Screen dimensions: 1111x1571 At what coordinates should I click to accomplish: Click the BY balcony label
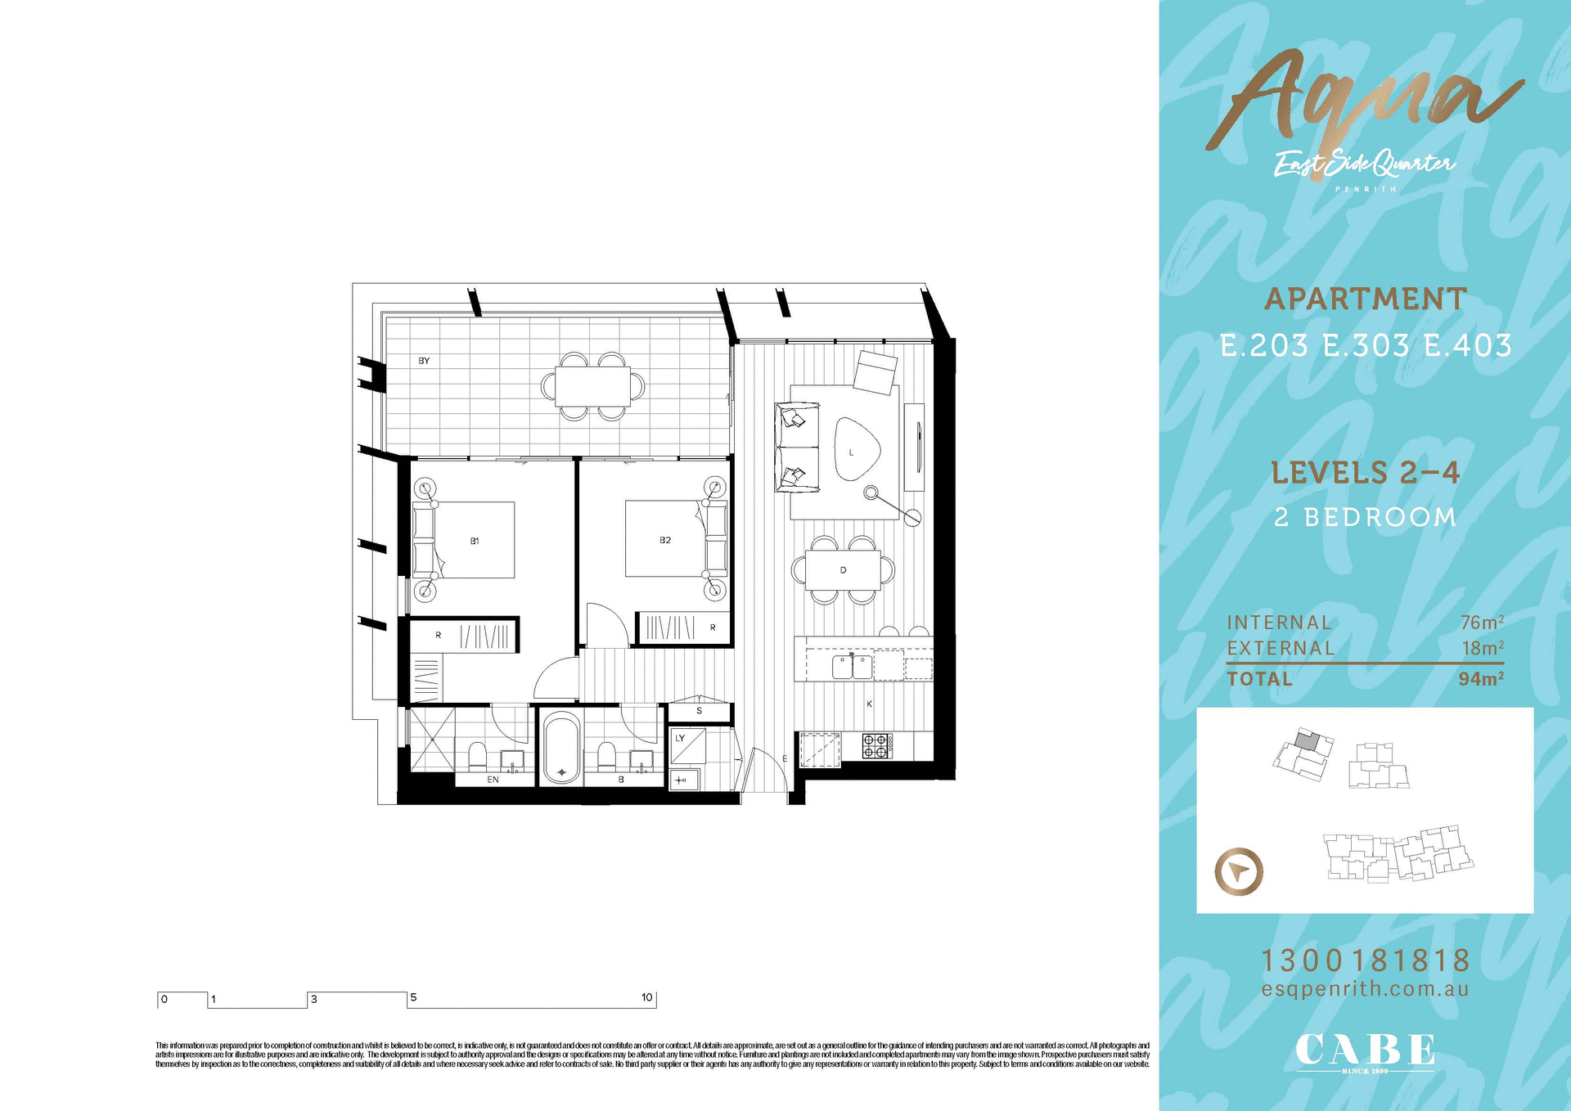(424, 361)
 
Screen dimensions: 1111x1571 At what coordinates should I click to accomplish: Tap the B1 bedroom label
(475, 541)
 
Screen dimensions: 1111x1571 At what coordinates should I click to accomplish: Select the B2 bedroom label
(665, 540)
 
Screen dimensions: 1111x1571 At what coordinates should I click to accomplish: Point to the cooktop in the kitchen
(876, 745)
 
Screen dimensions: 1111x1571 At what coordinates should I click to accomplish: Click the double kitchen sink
(852, 667)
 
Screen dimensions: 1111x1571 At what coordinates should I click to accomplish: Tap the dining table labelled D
(843, 570)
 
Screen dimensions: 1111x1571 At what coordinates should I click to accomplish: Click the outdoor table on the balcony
(592, 386)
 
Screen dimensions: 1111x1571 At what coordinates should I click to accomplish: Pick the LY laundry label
(680, 738)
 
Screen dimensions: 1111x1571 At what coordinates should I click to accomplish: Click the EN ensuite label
(493, 780)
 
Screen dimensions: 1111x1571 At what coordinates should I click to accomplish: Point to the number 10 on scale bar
(646, 997)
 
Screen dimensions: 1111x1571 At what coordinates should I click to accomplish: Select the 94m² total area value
(1481, 679)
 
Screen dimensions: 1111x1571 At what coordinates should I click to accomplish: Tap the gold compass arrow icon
(1239, 871)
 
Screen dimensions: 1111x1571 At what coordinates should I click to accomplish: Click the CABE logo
(1364, 1051)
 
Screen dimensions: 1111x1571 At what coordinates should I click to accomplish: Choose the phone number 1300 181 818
(1365, 960)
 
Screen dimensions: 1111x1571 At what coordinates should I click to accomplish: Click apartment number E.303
(1366, 345)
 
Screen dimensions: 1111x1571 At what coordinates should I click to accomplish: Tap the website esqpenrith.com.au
(1365, 989)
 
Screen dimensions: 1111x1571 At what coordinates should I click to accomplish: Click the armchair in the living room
(876, 371)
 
